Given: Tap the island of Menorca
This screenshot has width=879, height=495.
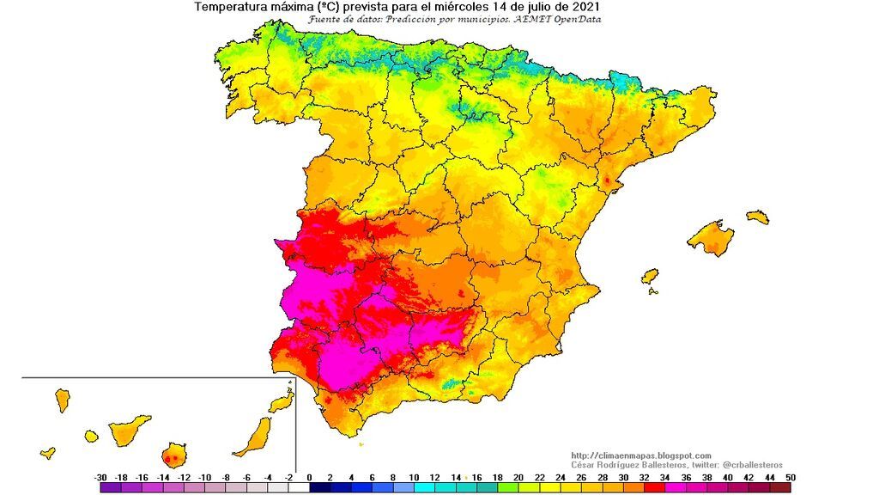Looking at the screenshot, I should tap(757, 217).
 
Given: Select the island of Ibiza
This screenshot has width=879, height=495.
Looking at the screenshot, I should tap(650, 277).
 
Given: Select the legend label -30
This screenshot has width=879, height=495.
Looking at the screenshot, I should tap(100, 477).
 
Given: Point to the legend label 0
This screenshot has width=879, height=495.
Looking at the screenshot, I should tap(309, 477).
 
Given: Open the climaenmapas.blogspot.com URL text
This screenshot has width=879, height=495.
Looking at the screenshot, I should tap(640, 455).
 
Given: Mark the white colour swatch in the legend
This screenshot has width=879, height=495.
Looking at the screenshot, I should tap(298, 487).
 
